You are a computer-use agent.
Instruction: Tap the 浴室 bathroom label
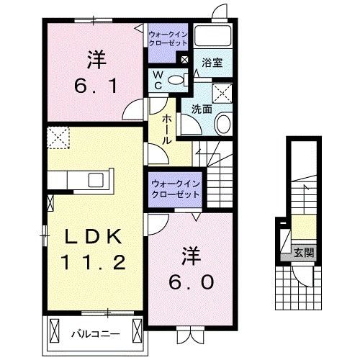(212, 63)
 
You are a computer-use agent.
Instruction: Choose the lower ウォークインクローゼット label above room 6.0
(176, 189)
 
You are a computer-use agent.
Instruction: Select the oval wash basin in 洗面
(222, 123)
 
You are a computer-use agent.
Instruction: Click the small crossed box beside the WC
(186, 60)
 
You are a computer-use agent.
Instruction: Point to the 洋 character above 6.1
(94, 56)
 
